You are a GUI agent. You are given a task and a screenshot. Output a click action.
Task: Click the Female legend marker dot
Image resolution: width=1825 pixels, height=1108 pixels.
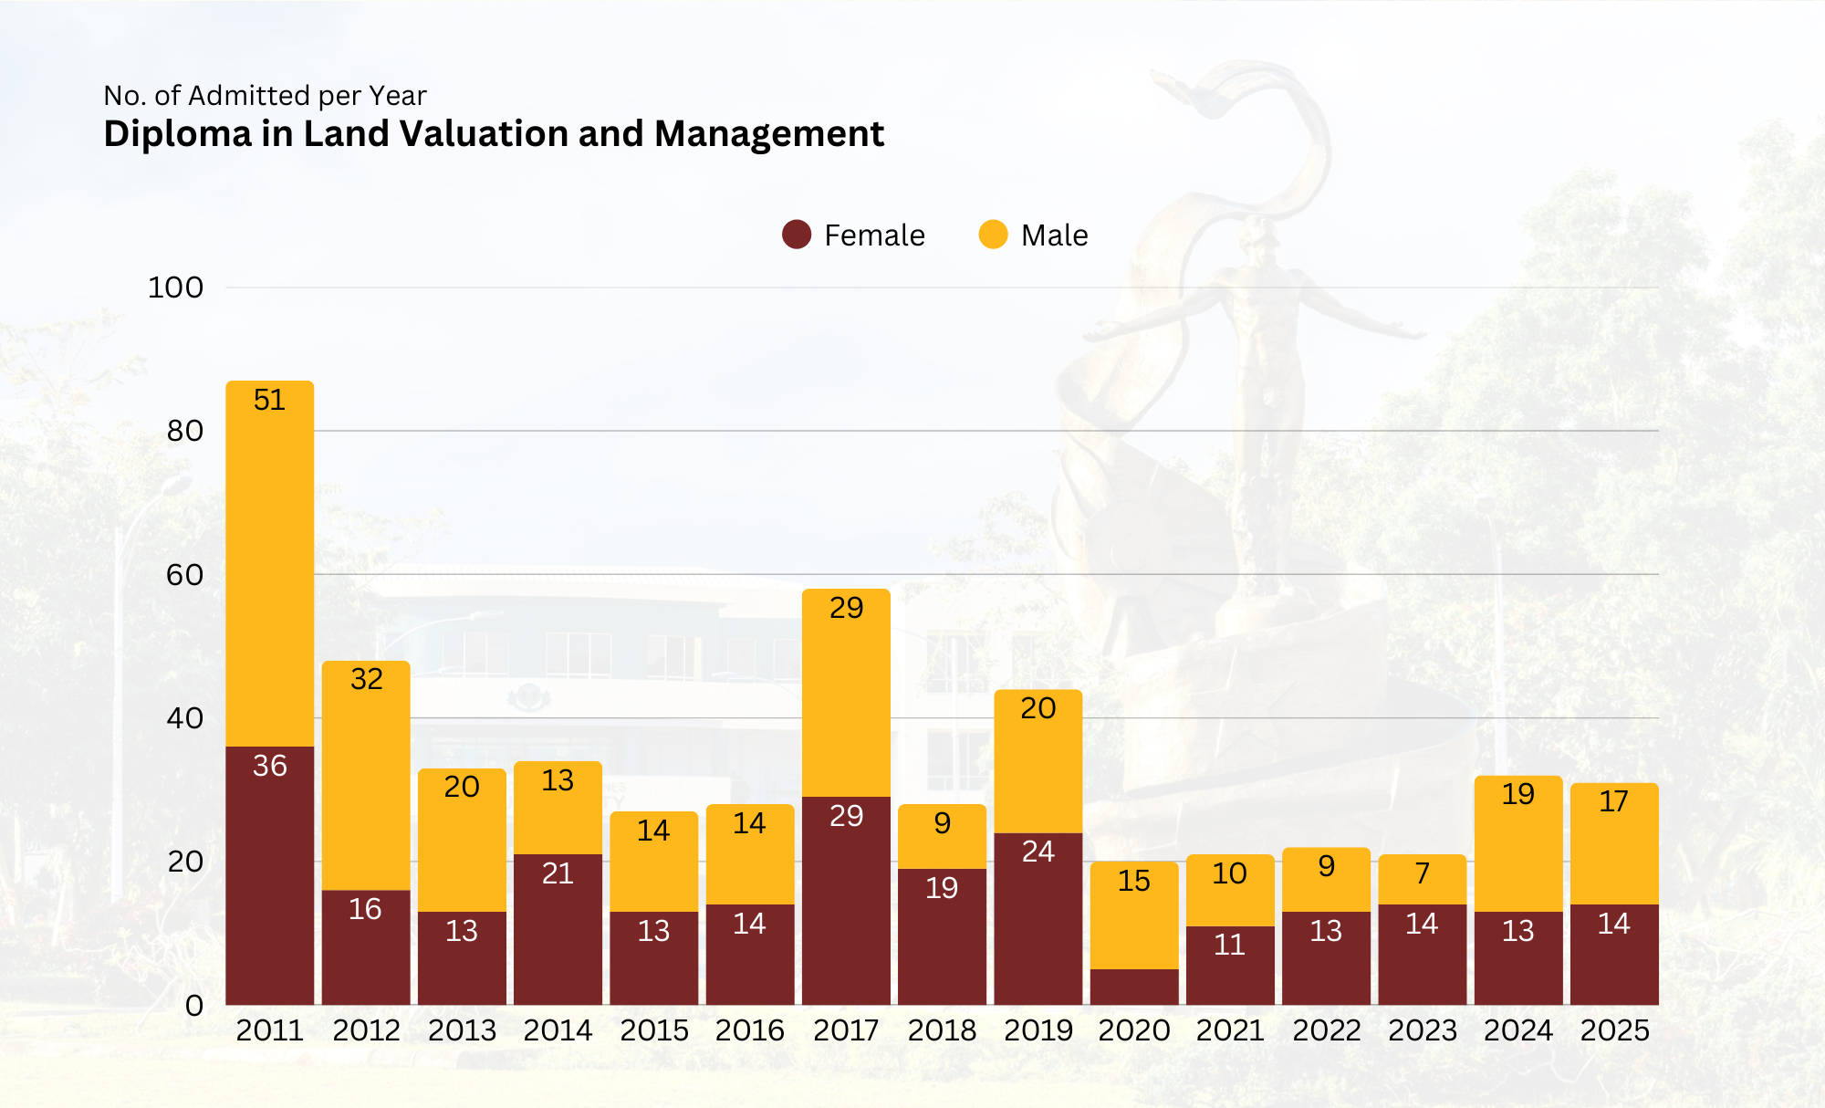pyautogui.click(x=797, y=235)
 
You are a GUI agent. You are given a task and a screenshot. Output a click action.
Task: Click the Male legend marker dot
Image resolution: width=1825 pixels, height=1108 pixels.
pyautogui.click(x=993, y=235)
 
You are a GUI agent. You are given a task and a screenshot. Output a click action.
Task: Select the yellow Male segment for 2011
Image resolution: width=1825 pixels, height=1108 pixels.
pyautogui.click(x=270, y=566)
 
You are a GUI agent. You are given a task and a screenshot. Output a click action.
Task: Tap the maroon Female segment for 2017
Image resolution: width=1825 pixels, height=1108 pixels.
pyautogui.click(x=846, y=904)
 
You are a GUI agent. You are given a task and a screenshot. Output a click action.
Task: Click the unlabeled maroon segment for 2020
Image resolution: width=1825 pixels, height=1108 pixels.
pyautogui.click(x=1134, y=987)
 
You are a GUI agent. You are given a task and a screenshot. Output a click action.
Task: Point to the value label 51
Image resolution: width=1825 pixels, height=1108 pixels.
pyautogui.click(x=270, y=400)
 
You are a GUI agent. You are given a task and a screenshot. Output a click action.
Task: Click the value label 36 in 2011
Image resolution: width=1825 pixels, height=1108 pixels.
pyautogui.click(x=270, y=766)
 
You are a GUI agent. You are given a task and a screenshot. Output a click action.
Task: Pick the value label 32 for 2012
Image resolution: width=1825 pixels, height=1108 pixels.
pyautogui.click(x=366, y=679)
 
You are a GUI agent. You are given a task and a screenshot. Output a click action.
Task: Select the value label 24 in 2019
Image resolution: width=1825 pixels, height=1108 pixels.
pyautogui.click(x=1038, y=852)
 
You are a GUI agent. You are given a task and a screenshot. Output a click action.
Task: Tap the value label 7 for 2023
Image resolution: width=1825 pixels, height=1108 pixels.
pyautogui.click(x=1423, y=873)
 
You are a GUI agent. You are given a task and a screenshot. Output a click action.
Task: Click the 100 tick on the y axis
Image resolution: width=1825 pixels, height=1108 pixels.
pyautogui.click(x=175, y=287)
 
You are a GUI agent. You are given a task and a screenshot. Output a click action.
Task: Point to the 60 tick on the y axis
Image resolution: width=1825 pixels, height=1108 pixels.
pyautogui.click(x=184, y=575)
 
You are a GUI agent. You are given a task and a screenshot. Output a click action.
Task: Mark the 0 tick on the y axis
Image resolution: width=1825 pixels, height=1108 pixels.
pyautogui.click(x=193, y=1006)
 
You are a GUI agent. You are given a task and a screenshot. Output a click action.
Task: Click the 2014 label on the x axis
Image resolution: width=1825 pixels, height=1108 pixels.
pyautogui.click(x=558, y=1030)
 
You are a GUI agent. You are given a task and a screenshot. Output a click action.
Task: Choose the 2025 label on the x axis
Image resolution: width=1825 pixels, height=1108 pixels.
pyautogui.click(x=1614, y=1030)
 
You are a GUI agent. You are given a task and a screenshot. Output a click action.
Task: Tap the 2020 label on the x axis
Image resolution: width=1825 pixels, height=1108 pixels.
pyautogui.click(x=1134, y=1030)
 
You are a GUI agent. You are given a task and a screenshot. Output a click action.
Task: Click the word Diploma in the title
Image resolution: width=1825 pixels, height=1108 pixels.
pyautogui.click(x=177, y=134)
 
